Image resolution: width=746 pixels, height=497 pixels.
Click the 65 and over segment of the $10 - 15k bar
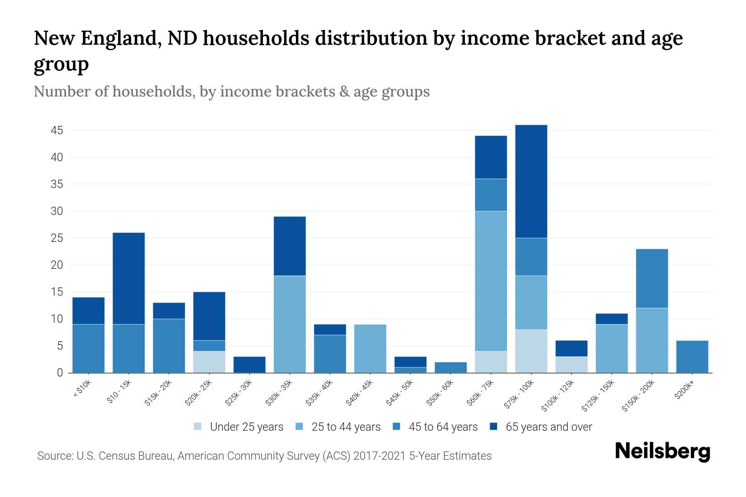128,278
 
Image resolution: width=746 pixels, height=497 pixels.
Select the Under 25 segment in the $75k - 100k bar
531,351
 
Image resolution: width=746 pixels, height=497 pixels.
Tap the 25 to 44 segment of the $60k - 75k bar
491,281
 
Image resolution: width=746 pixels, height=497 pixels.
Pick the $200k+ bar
692,357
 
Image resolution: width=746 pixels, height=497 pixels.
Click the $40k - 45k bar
370,348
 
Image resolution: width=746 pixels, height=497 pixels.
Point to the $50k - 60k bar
451,367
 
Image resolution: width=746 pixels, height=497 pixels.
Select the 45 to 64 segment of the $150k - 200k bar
652,278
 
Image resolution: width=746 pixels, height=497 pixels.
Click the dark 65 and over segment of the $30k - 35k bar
290,246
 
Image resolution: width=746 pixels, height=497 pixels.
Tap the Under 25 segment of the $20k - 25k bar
209,362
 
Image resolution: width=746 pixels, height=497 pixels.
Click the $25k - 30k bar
249,364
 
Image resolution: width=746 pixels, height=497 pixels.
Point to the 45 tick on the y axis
57,131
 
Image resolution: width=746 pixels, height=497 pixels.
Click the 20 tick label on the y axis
57,265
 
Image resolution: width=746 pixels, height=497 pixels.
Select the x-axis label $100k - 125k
558,396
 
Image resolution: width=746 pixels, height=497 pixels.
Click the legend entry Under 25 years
246,427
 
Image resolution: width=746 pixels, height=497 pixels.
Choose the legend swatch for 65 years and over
494,427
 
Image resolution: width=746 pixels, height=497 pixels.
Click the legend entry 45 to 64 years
443,427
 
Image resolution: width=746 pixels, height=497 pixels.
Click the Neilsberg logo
662,452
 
